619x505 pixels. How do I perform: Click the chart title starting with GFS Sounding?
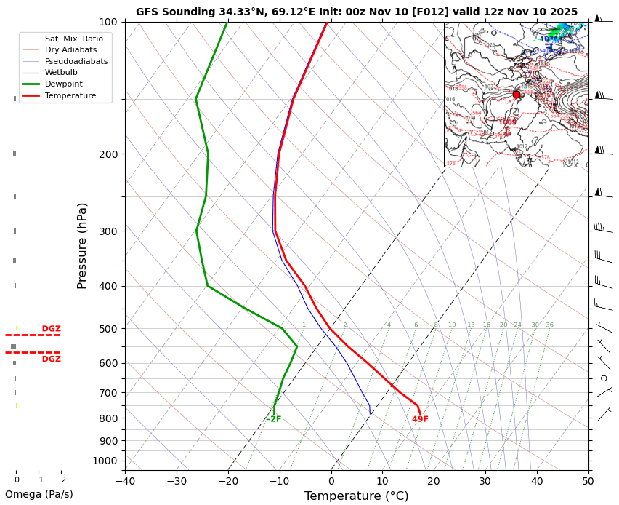[357, 12]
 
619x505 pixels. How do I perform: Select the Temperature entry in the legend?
[70, 96]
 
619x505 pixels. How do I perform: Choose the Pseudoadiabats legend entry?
[76, 61]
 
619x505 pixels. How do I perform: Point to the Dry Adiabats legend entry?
[71, 50]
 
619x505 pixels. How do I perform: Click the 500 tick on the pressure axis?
[108, 329]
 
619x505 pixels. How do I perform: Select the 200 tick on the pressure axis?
[108, 154]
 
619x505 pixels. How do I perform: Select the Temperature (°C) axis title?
[356, 496]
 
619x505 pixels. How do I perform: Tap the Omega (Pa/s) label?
[39, 495]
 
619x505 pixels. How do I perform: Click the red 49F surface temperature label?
[420, 419]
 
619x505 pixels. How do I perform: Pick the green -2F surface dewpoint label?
[273, 419]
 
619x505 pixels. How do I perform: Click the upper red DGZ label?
[51, 329]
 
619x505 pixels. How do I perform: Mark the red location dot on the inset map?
[517, 94]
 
